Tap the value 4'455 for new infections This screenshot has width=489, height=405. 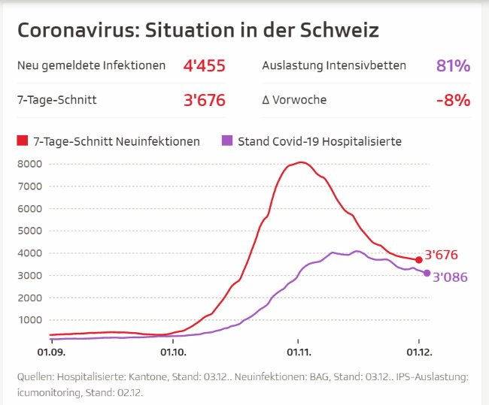pos(204,65)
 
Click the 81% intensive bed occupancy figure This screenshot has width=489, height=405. pos(453,65)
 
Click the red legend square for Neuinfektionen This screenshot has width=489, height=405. pos(22,141)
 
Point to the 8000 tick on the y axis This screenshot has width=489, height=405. pos(29,163)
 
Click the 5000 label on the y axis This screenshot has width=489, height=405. pos(29,231)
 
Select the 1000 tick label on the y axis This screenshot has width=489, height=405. pos(29,319)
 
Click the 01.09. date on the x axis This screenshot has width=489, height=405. pos(50,352)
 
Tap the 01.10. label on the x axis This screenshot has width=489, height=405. pos(174,352)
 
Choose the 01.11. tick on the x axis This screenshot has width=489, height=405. pos(298,352)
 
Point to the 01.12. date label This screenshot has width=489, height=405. pos(419,352)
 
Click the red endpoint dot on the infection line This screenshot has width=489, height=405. pos(419,259)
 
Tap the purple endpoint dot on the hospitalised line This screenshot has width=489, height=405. pos(427,273)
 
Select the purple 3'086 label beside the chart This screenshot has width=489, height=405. pos(451,277)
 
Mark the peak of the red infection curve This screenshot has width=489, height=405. pos(301,162)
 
